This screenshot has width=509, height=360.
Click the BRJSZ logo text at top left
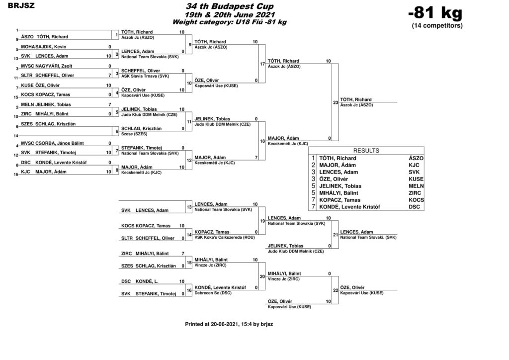point(21,6)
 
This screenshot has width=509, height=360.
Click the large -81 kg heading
point(435,13)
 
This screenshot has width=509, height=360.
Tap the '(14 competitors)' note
point(437,26)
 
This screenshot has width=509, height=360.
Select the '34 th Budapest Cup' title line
point(230,6)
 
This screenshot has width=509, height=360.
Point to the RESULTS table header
point(366,151)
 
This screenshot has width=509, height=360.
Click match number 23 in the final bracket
point(336,102)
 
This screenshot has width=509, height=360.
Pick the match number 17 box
point(262,64)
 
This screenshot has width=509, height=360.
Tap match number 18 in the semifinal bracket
point(262,141)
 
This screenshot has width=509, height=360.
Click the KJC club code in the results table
point(414,165)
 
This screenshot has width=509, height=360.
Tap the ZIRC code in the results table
point(415,193)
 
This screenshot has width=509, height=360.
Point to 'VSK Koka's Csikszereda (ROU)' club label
point(225,237)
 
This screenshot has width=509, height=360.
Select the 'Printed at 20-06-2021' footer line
point(229,324)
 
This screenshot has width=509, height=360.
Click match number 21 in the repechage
point(336,235)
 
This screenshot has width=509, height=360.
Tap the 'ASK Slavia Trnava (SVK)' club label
point(145,76)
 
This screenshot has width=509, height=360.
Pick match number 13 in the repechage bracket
point(189,207)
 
